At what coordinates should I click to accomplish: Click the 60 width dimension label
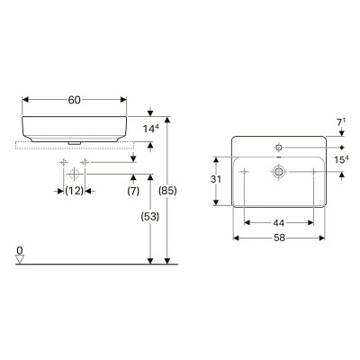75,100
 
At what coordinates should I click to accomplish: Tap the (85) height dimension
167,191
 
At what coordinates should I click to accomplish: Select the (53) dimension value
150,217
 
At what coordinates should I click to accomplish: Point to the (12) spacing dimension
75,191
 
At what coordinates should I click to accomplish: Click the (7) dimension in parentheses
133,191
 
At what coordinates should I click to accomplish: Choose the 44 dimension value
279,223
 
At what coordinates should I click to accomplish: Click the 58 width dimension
279,238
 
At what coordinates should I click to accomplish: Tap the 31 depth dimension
216,179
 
